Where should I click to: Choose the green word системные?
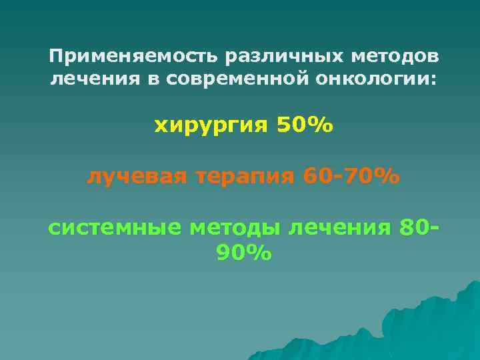pyautogui.click(x=115, y=228)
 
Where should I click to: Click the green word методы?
pyautogui.click(x=237, y=229)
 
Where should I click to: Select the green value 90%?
pyautogui.click(x=244, y=254)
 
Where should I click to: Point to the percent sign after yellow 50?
pyautogui.click(x=319, y=125)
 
